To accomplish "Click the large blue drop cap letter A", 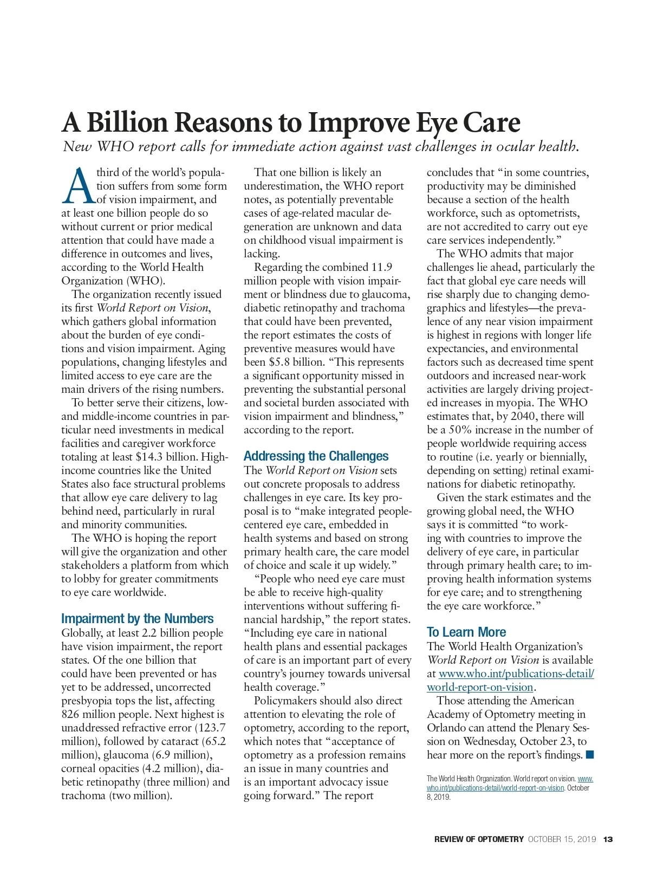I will [78, 186].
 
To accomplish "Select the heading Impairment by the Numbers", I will [137, 619].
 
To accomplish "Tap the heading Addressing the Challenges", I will [316, 456].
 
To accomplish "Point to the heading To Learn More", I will [466, 632].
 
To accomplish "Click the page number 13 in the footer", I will [608, 839].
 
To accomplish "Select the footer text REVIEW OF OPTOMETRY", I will [479, 839].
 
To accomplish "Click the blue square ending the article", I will [590, 755].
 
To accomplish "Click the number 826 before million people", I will [70, 714].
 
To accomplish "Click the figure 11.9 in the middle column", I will [381, 267].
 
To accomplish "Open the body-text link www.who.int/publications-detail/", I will [516, 674].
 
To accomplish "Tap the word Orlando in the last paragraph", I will [445, 728].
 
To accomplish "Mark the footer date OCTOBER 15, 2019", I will [562, 839].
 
